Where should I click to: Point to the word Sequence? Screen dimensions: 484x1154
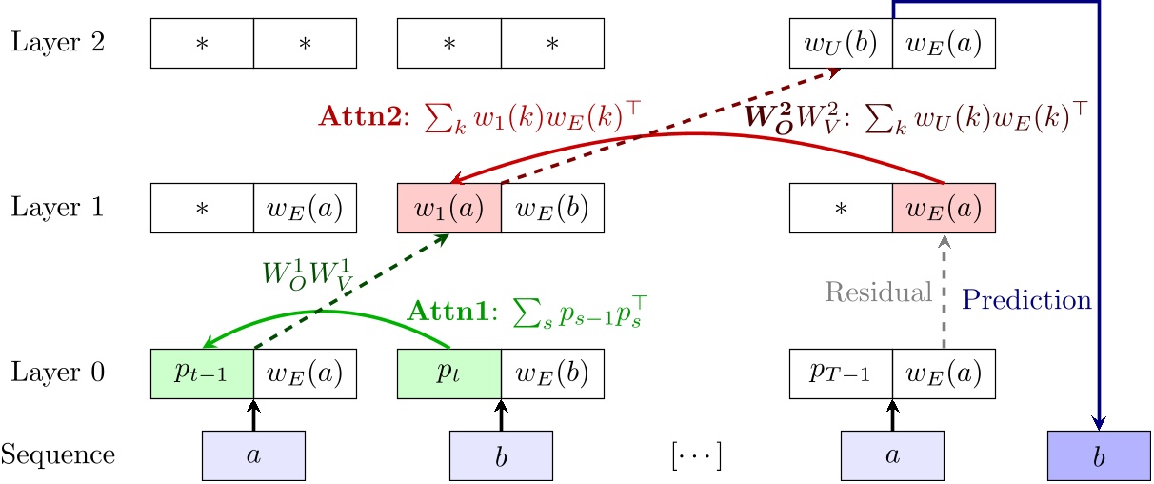pyautogui.click(x=57, y=454)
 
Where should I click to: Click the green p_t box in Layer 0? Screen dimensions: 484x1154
pyautogui.click(x=448, y=372)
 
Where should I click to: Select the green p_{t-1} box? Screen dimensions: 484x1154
pyautogui.click(x=203, y=372)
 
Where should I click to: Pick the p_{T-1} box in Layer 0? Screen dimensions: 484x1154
pyautogui.click(x=842, y=372)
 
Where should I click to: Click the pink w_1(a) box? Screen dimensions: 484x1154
pyautogui.click(x=448, y=208)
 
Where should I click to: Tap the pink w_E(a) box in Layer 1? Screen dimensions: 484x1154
pyautogui.click(x=944, y=208)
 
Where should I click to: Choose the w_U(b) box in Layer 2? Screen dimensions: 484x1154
pyautogui.click(x=842, y=44)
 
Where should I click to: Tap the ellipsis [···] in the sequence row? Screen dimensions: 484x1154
pyautogui.click(x=695, y=455)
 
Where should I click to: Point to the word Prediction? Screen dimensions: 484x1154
pyautogui.click(x=1026, y=300)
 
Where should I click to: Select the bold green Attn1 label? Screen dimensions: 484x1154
pyautogui.click(x=446, y=311)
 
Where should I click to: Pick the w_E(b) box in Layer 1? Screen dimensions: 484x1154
pyautogui.click(x=551, y=208)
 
